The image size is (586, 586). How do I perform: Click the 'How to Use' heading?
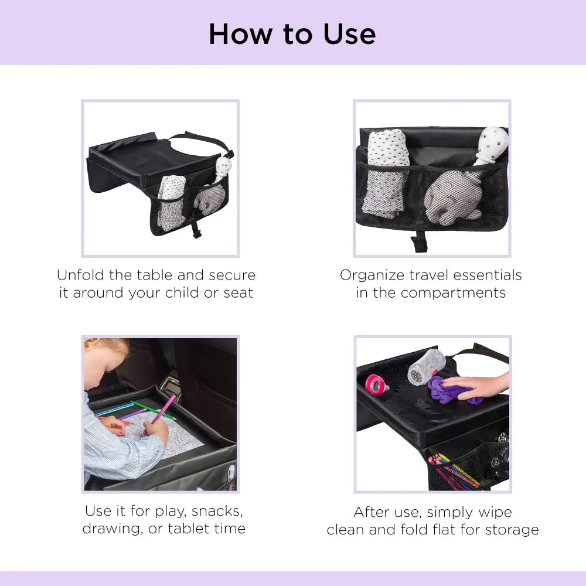pos(292,33)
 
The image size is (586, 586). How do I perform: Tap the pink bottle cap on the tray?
pos(379,384)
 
